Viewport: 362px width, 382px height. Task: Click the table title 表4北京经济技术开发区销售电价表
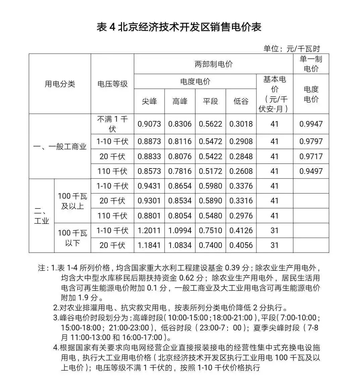click(179, 27)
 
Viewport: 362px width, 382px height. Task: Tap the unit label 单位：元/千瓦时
click(292, 49)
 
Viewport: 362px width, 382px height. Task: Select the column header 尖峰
click(149, 101)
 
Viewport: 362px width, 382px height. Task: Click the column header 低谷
click(241, 101)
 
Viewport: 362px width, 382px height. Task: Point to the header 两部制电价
click(214, 64)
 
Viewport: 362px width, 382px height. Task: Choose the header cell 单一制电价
click(311, 64)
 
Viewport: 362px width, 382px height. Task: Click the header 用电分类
click(60, 84)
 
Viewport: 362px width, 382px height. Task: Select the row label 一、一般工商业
click(60, 146)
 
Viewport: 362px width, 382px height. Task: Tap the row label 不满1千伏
click(112, 124)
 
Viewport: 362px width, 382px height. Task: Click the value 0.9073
click(149, 124)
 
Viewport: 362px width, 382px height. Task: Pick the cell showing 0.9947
click(311, 124)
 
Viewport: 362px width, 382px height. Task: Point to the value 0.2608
click(241, 171)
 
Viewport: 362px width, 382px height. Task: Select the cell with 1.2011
click(149, 231)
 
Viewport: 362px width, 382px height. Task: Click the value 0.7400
click(210, 245)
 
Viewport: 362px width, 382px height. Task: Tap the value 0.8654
click(180, 186)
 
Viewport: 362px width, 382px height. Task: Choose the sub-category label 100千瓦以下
click(72, 238)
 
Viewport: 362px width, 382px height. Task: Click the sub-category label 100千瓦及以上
click(72, 201)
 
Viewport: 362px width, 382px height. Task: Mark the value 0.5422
click(210, 156)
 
